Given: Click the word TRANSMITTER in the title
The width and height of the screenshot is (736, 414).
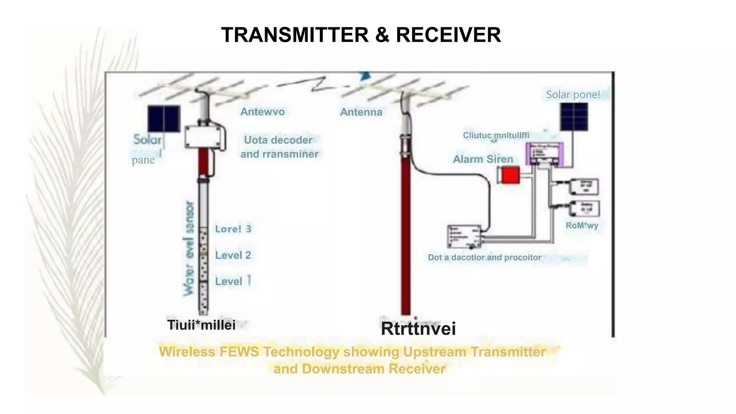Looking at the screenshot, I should coord(295,35).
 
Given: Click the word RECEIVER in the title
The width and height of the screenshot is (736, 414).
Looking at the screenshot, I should coord(448,35).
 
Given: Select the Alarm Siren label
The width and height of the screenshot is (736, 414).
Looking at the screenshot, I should coord(483,159).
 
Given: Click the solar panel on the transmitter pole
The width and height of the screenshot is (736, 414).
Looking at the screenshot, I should coord(164,118).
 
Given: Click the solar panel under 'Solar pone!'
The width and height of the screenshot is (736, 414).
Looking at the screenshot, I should coord(574,117).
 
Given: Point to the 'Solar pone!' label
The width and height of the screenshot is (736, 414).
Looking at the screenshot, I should coord(573,95).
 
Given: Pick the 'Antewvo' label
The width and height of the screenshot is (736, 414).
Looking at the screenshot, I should coord(262,112).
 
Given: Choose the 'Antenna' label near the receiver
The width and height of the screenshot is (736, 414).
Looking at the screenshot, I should coord(361,112).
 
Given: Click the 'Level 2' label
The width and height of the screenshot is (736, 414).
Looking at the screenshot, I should coord(233,255).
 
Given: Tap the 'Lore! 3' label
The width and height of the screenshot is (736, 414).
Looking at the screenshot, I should coord(233,229).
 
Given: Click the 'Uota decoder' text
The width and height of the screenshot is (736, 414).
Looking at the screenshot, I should coord(278,140).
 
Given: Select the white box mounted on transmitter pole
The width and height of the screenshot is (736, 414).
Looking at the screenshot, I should coord(203,137).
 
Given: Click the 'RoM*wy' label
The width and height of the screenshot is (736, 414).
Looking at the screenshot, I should coord(582,226).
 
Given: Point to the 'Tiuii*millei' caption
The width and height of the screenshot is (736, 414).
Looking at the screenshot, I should coord(201,325).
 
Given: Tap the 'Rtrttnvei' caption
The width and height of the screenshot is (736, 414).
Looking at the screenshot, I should coord(418,328).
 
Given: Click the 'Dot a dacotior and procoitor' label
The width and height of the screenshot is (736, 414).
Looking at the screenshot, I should coord(484,257).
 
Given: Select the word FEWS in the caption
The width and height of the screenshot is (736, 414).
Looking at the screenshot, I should coord(239,351).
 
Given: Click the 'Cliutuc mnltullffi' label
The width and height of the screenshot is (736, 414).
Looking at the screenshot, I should coord(496,135).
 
